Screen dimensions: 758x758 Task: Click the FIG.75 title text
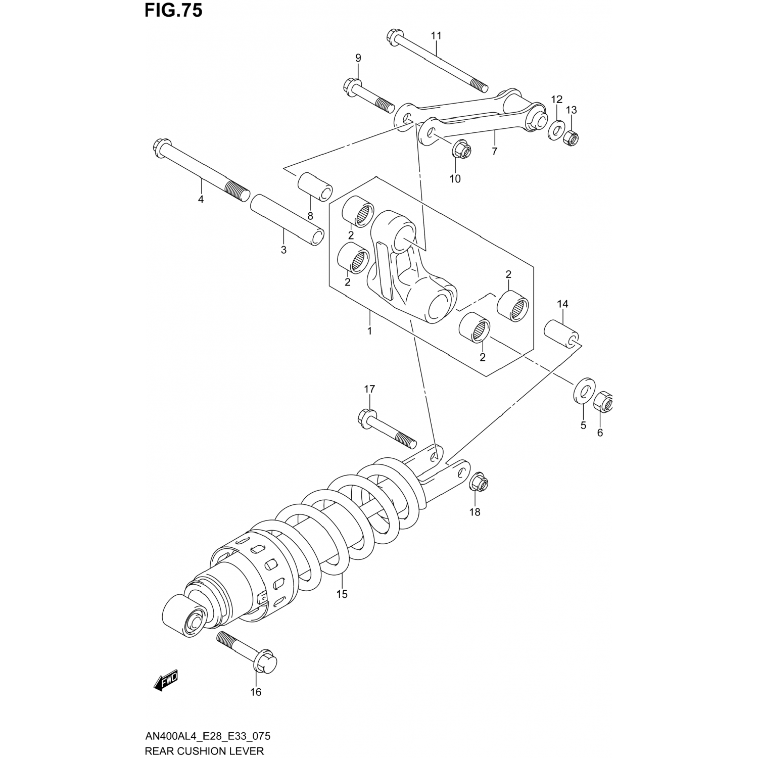coord(173,11)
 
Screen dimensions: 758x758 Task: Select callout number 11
coord(436,35)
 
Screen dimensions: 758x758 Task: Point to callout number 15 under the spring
coord(342,594)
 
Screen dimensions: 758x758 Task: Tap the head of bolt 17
coord(366,417)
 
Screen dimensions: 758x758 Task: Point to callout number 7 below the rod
coord(494,151)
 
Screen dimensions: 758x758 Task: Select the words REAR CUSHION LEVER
coord(204,751)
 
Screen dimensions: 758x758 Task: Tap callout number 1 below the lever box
coord(369,331)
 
